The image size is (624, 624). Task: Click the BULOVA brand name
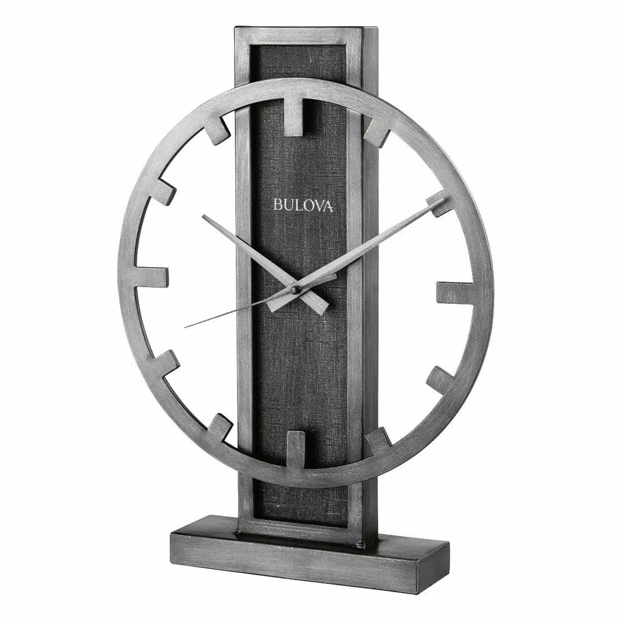(303, 205)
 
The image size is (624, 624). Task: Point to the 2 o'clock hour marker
(439, 204)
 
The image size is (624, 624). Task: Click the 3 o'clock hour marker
(454, 293)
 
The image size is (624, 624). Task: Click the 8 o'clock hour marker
(167, 363)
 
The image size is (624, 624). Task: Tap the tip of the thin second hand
(185, 326)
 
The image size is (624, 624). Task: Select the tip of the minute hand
(444, 200)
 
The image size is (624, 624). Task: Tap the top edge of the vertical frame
(306, 29)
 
